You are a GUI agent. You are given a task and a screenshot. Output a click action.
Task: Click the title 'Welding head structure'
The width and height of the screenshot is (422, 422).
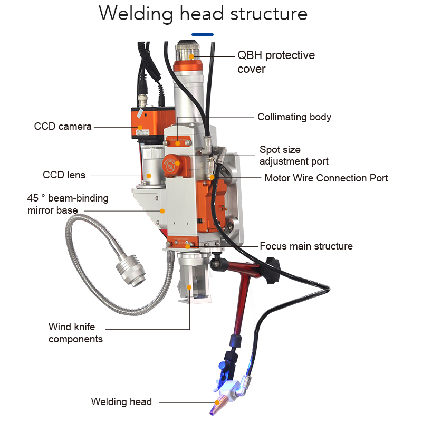[x=203, y=14]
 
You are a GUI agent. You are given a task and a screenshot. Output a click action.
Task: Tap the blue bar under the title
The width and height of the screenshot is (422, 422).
[x=203, y=34]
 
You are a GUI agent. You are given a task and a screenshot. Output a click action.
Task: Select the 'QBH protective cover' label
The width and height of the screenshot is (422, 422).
[x=276, y=62]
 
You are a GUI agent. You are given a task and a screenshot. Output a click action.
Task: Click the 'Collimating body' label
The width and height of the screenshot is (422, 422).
[x=294, y=117]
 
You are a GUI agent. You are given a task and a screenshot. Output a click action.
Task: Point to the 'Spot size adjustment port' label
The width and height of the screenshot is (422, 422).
[x=294, y=155]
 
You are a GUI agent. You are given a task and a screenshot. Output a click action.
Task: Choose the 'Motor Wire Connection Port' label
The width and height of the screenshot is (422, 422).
[x=326, y=178]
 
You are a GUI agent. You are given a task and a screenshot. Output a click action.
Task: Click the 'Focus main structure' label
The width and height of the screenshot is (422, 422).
[x=306, y=246]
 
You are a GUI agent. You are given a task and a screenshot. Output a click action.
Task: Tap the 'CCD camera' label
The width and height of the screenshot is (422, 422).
[x=63, y=127]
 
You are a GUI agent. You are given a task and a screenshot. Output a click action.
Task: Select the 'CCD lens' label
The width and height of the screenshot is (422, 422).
[x=64, y=175]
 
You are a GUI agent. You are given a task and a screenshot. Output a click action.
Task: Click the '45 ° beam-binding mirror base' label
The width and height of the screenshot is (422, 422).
[x=68, y=204]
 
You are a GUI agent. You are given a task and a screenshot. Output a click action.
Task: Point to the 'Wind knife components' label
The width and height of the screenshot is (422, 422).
[x=75, y=333]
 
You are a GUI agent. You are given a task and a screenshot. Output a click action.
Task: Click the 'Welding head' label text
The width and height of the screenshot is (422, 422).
[x=121, y=402]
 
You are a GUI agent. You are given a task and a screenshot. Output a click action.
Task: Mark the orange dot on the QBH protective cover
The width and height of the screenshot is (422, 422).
[x=192, y=55]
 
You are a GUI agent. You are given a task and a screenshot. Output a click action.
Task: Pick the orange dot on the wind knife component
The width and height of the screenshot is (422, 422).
[x=189, y=287]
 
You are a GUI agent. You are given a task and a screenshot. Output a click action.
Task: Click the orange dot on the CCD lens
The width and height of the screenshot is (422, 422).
[x=149, y=175]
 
